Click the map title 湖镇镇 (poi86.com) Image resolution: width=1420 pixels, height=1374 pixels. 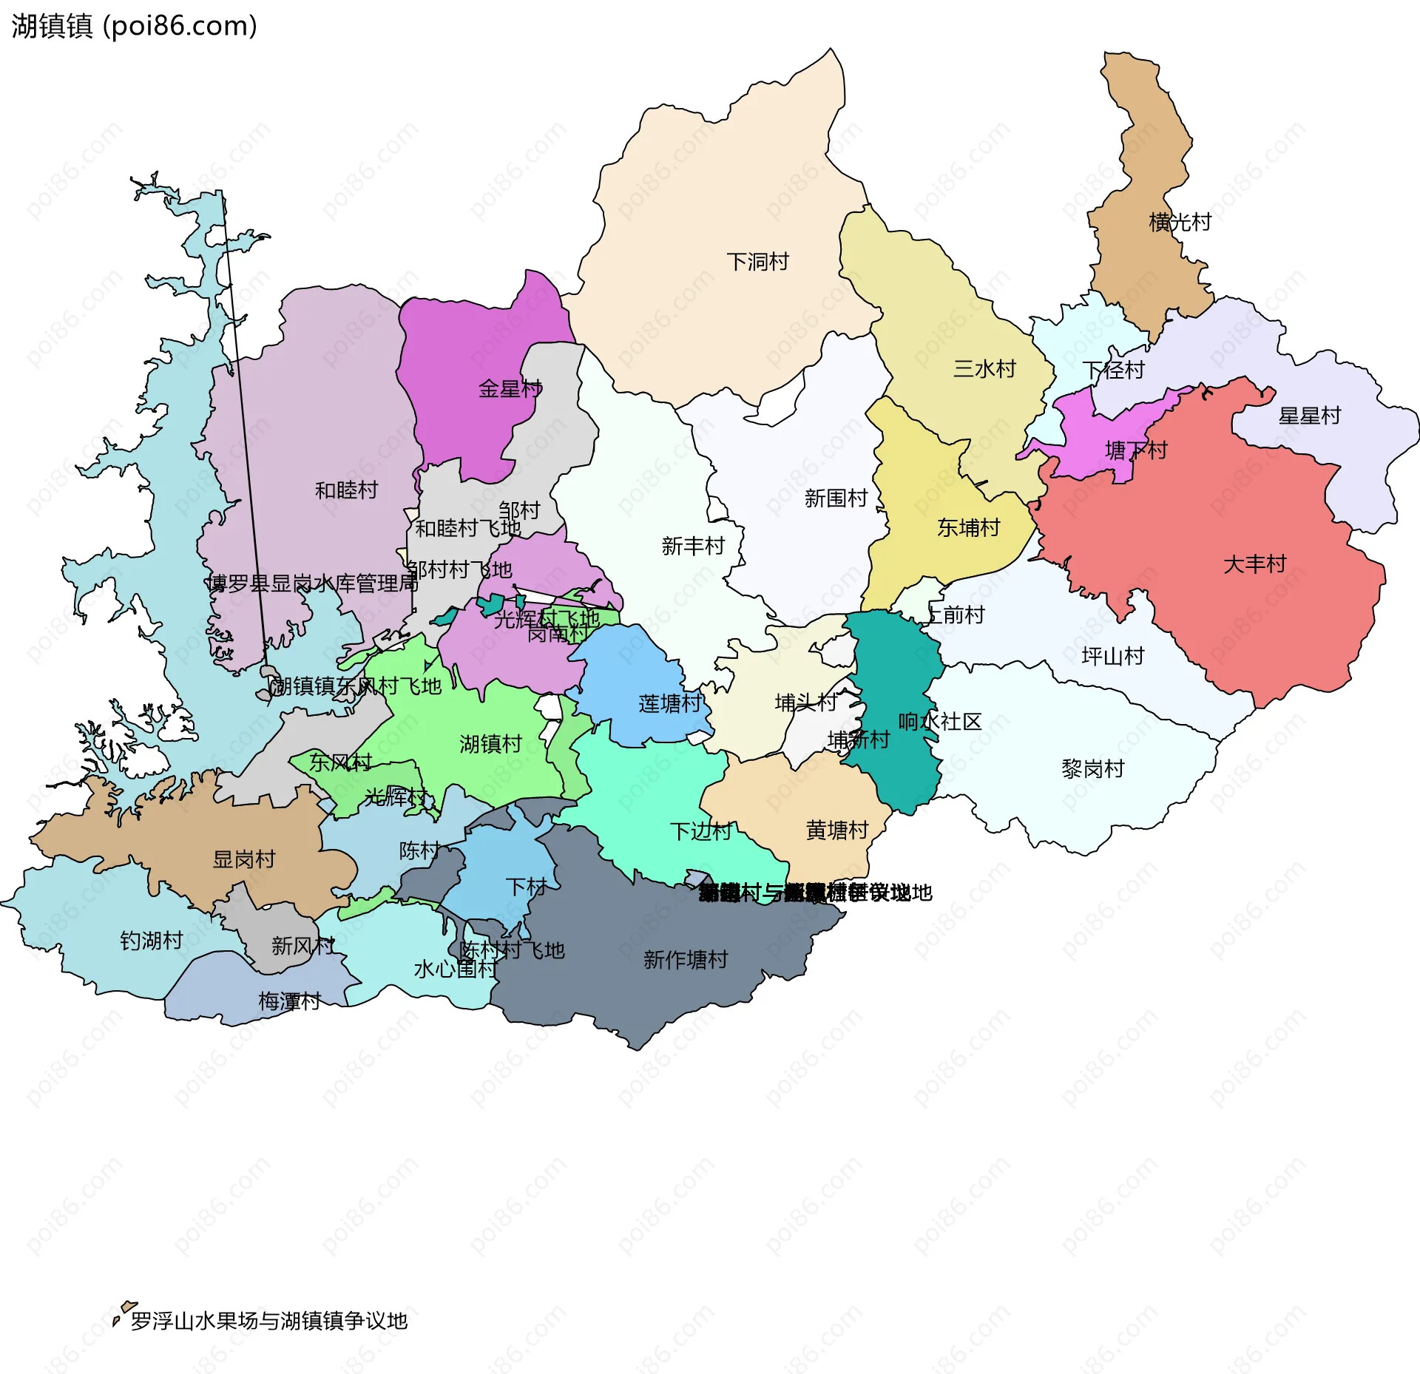[134, 26]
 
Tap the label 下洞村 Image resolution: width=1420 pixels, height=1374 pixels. [757, 262]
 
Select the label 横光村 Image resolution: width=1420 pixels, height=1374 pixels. [1180, 222]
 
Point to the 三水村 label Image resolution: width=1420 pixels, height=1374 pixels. [984, 369]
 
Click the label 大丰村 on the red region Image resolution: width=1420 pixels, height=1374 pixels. [1254, 565]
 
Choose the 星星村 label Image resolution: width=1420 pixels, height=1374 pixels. [1309, 416]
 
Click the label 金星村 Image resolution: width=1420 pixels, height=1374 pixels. [510, 389]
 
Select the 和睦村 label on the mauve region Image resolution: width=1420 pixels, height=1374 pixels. [346, 490]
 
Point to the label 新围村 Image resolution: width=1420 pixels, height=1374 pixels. [836, 498]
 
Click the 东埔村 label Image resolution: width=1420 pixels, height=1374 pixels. [968, 528]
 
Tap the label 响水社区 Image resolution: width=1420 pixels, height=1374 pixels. [939, 722]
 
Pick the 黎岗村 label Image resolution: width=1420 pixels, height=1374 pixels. [1092, 769]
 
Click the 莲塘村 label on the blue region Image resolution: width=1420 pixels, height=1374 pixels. [670, 704]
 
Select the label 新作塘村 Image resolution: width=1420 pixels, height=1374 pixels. [686, 960]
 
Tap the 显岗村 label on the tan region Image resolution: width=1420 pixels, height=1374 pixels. [244, 859]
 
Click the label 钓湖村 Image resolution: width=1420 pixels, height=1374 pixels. [152, 941]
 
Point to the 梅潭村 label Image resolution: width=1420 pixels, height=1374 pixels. [289, 1001]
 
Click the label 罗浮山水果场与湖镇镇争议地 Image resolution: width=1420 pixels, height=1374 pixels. [269, 1321]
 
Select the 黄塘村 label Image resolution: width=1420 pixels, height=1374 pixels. [837, 830]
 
